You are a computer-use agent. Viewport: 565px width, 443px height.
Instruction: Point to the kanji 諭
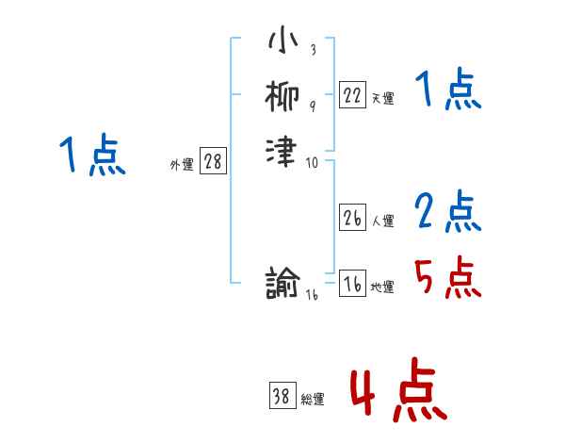point(283,283)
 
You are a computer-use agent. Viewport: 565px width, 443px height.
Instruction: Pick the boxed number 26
point(352,219)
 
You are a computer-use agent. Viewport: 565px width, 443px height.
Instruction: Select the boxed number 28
point(213,161)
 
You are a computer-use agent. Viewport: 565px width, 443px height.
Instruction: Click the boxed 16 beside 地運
point(352,285)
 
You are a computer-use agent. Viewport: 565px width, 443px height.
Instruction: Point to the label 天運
point(382,98)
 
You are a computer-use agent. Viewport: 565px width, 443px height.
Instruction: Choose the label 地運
point(382,287)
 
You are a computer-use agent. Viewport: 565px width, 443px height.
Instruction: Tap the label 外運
point(182,165)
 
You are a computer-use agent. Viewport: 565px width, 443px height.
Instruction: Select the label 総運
point(313,400)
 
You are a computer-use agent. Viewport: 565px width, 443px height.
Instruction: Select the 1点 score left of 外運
point(91,156)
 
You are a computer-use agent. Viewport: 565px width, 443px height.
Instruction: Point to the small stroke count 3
point(312,49)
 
